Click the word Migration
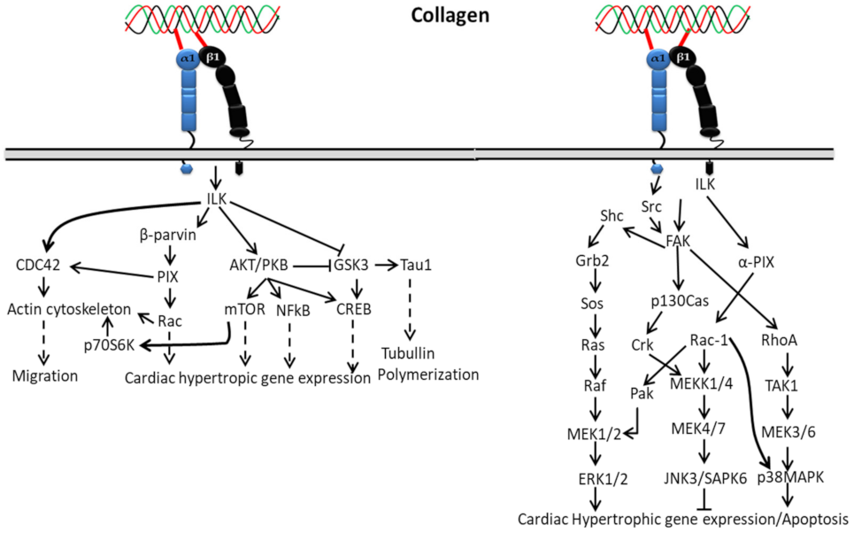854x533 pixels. (45, 375)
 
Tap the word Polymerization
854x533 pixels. (428, 375)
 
